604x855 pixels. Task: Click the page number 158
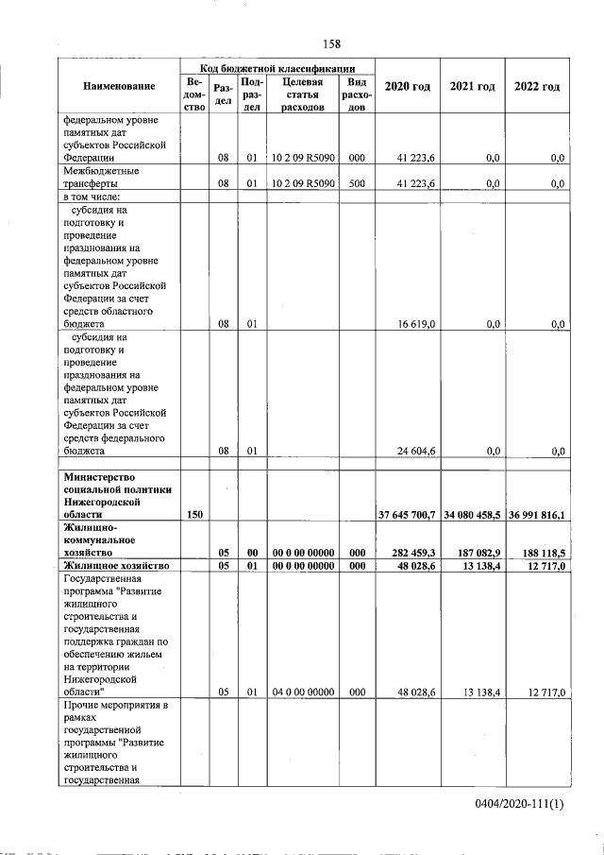(x=331, y=43)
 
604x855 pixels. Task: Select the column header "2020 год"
(x=408, y=87)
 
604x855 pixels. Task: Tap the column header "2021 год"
(x=472, y=87)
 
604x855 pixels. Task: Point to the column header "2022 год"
(x=537, y=87)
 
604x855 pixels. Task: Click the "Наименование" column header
(x=119, y=87)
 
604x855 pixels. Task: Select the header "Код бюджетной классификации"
(x=277, y=68)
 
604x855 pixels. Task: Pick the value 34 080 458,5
(x=472, y=514)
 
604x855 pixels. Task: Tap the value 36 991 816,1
(x=537, y=514)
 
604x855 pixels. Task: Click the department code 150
(x=195, y=514)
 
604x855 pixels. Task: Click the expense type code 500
(x=356, y=183)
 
